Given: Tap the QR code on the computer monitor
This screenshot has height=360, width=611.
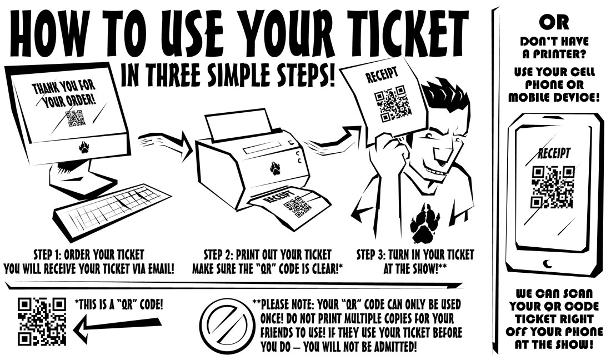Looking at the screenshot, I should pyautogui.click(x=75, y=118).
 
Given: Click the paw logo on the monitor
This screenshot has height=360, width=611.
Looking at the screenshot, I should pyautogui.click(x=84, y=147).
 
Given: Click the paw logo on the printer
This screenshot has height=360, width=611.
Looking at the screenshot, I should pyautogui.click(x=275, y=168).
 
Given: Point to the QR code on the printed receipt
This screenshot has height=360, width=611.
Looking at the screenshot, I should pyautogui.click(x=297, y=207).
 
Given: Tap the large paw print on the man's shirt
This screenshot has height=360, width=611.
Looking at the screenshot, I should pyautogui.click(x=425, y=223).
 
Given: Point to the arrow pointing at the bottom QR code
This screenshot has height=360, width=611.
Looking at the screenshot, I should pyautogui.click(x=117, y=328).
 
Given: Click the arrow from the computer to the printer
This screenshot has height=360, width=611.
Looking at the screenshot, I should pyautogui.click(x=164, y=144).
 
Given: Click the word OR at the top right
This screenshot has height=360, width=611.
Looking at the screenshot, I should pyautogui.click(x=552, y=22).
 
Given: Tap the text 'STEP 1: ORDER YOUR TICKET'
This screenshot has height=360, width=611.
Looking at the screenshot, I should pyautogui.click(x=89, y=256).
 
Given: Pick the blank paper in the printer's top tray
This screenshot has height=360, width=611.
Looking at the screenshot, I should pyautogui.click(x=239, y=125).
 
